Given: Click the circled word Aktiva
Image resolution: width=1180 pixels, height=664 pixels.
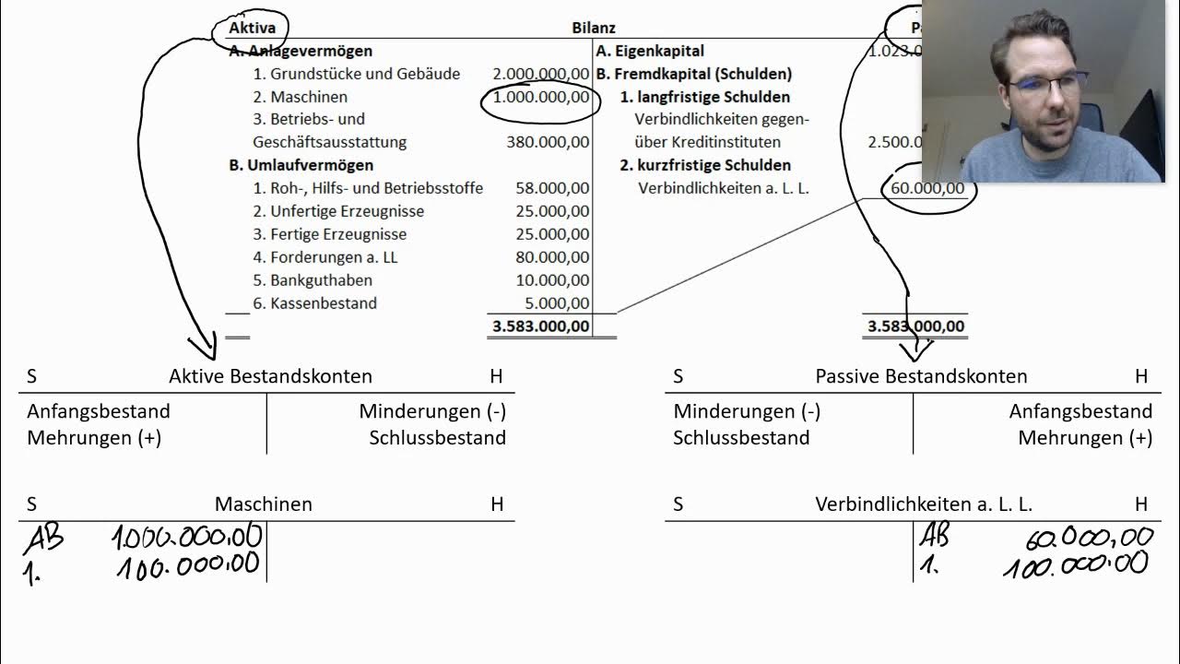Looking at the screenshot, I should [x=252, y=29].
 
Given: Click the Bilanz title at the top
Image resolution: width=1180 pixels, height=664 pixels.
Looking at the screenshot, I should [x=594, y=29].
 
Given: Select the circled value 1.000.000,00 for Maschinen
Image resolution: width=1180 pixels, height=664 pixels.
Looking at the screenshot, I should [x=540, y=97].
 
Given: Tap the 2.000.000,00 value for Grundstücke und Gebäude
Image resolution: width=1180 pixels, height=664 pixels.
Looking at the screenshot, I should [x=540, y=74].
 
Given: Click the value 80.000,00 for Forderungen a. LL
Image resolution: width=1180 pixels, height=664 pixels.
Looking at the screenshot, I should [x=552, y=257].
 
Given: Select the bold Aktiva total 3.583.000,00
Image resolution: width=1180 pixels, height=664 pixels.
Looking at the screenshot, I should [x=540, y=326].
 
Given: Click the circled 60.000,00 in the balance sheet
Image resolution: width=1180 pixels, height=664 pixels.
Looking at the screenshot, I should [x=927, y=189].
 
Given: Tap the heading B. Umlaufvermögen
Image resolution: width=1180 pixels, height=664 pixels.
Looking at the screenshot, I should [x=301, y=165].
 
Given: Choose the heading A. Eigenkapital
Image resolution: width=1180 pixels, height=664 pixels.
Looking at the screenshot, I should [x=650, y=51].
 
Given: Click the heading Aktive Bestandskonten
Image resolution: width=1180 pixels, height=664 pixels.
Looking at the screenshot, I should [x=270, y=376].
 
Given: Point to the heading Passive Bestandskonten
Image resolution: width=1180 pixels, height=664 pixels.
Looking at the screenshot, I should [x=921, y=376].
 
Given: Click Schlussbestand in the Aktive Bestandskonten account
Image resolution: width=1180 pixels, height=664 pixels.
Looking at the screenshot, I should [x=437, y=438].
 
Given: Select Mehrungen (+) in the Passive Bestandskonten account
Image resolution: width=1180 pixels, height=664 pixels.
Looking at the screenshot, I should [x=1085, y=438].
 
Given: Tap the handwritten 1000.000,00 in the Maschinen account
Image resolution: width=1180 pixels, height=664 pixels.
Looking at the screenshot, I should [x=188, y=536].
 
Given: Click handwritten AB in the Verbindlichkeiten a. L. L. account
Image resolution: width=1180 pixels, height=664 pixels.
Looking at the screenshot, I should [x=934, y=535].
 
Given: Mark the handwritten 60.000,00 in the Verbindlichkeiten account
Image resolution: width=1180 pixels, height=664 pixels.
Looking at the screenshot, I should [x=1089, y=537].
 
